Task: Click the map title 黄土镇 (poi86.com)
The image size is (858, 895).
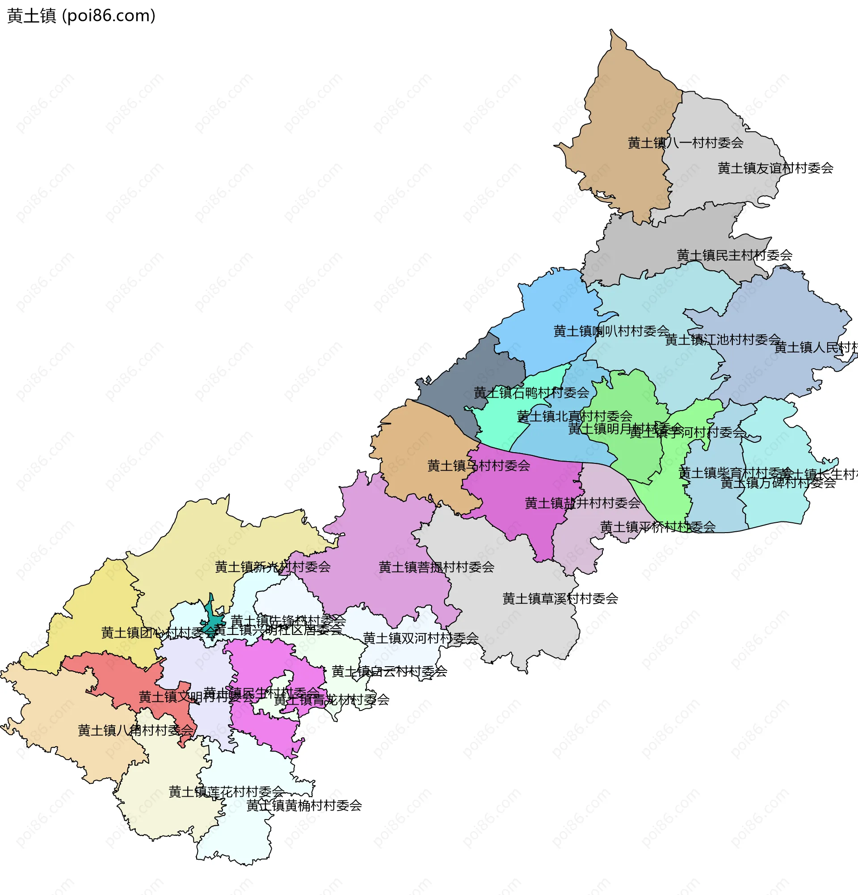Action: pyautogui.click(x=81, y=16)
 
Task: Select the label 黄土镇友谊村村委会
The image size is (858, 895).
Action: pyautogui.click(x=775, y=168)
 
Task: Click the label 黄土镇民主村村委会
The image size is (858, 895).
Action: pyautogui.click(x=734, y=255)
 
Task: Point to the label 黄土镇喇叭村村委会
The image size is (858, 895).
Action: pyautogui.click(x=611, y=331)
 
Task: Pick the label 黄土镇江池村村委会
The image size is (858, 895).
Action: pyautogui.click(x=723, y=340)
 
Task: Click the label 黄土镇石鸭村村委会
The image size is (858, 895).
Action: pyautogui.click(x=531, y=393)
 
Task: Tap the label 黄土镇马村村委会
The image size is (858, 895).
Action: pyautogui.click(x=478, y=466)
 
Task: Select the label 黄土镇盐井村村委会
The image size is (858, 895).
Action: pyautogui.click(x=582, y=503)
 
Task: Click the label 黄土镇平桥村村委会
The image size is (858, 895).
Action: pyautogui.click(x=657, y=527)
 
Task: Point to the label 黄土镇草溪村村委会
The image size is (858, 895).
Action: pyautogui.click(x=560, y=599)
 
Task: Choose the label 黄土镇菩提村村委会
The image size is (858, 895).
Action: pyautogui.click(x=436, y=567)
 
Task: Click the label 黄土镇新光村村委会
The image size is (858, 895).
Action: pyautogui.click(x=273, y=567)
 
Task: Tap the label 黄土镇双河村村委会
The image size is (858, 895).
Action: pyautogui.click(x=420, y=638)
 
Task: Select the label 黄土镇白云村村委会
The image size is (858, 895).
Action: pyautogui.click(x=389, y=671)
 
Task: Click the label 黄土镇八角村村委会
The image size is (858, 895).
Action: pyautogui.click(x=135, y=731)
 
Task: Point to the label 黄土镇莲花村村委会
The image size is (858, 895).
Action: pyautogui.click(x=227, y=792)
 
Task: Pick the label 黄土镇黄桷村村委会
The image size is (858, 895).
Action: pyautogui.click(x=304, y=806)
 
